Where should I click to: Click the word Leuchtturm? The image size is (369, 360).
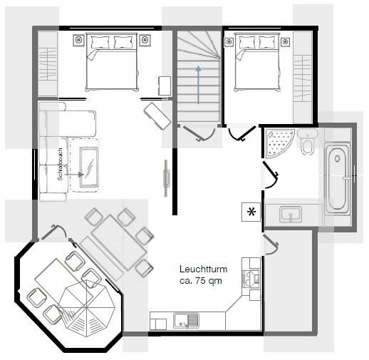(203, 269)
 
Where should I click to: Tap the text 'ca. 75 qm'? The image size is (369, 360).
(201, 281)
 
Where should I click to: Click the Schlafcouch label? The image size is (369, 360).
(60, 164)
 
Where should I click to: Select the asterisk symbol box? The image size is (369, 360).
(251, 212)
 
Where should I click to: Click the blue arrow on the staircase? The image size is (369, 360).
(198, 85)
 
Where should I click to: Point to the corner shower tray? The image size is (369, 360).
(279, 143)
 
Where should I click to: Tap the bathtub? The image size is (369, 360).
(338, 178)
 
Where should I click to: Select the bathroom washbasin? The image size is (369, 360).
(291, 215)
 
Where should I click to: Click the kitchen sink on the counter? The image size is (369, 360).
(186, 321)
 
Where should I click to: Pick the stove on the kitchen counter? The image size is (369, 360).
(251, 279)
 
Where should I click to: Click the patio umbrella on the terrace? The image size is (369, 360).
(86, 308)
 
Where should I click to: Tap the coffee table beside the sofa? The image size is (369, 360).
(89, 167)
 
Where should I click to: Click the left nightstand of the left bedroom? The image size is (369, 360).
(78, 40)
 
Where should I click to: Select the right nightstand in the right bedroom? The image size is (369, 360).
(286, 42)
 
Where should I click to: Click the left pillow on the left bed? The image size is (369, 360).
(100, 42)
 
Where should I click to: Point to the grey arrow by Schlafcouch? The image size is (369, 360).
(74, 175)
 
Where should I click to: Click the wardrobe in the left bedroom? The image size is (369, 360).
(48, 64)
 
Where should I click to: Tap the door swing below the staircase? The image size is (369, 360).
(199, 134)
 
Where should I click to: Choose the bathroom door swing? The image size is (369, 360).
(271, 175)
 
